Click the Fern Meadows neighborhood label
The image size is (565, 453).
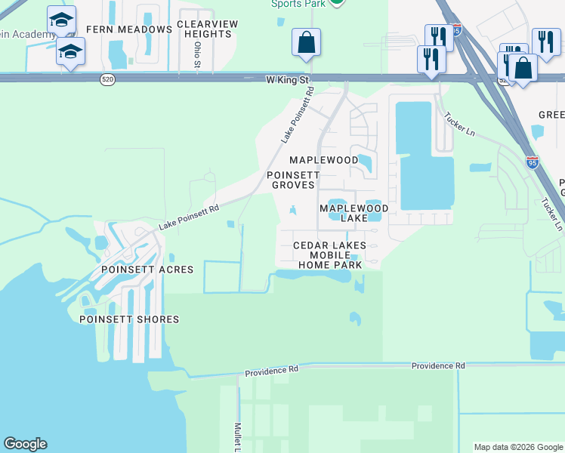click(129, 29)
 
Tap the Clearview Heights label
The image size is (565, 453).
click(207, 29)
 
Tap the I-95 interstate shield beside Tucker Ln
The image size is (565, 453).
click(532, 161)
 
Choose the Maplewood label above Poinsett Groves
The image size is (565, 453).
click(324, 160)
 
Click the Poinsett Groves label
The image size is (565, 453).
click(293, 179)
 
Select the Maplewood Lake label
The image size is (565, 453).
click(354, 213)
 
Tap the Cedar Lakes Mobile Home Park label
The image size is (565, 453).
click(329, 255)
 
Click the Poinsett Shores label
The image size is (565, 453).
click(129, 319)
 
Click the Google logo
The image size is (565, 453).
click(25, 444)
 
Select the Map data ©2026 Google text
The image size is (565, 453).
click(518, 447)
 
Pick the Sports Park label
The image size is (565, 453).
click(298, 4)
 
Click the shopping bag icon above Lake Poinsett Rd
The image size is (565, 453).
click(307, 43)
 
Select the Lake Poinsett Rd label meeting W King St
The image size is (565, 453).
click(297, 116)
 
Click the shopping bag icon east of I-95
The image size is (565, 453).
click(523, 68)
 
